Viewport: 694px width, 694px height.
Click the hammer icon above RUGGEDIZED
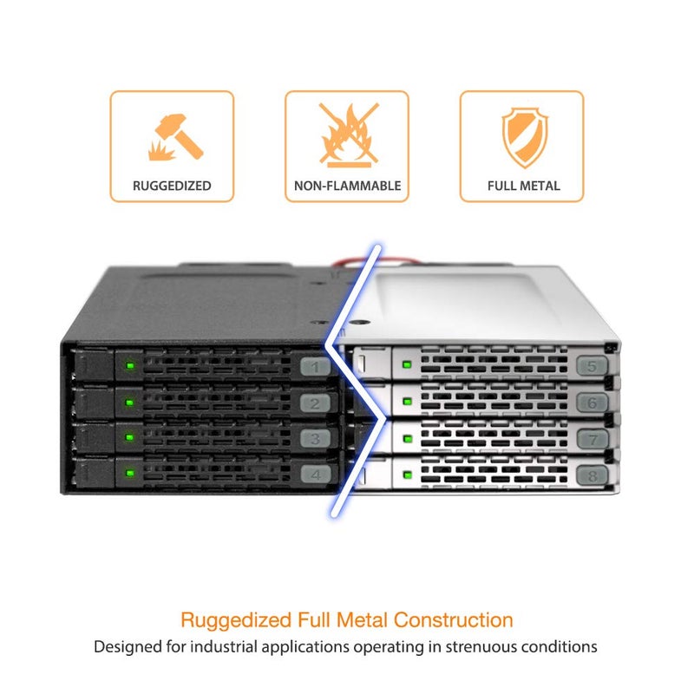click(x=176, y=137)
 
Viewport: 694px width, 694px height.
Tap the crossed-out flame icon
click(x=349, y=134)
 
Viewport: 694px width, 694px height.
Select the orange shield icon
click(x=525, y=137)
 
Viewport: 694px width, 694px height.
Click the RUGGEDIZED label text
click(x=172, y=186)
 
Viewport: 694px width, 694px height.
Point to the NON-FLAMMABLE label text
click(x=348, y=186)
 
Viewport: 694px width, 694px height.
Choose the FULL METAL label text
click(x=524, y=186)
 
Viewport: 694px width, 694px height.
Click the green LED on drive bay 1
click(x=130, y=365)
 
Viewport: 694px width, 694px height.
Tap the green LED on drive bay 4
click(x=130, y=473)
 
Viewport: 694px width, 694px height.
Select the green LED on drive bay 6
click(x=407, y=402)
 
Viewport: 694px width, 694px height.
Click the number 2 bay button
click(x=315, y=403)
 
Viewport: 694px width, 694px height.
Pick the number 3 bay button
click(x=315, y=439)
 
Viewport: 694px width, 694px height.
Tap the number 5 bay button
click(x=592, y=366)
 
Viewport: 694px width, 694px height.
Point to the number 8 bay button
click(x=593, y=475)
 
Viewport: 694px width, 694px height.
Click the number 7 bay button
click(x=593, y=439)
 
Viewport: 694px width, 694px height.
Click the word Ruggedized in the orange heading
click(x=236, y=620)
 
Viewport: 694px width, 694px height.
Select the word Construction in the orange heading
click(x=453, y=620)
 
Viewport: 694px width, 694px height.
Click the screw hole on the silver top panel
click(x=359, y=323)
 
